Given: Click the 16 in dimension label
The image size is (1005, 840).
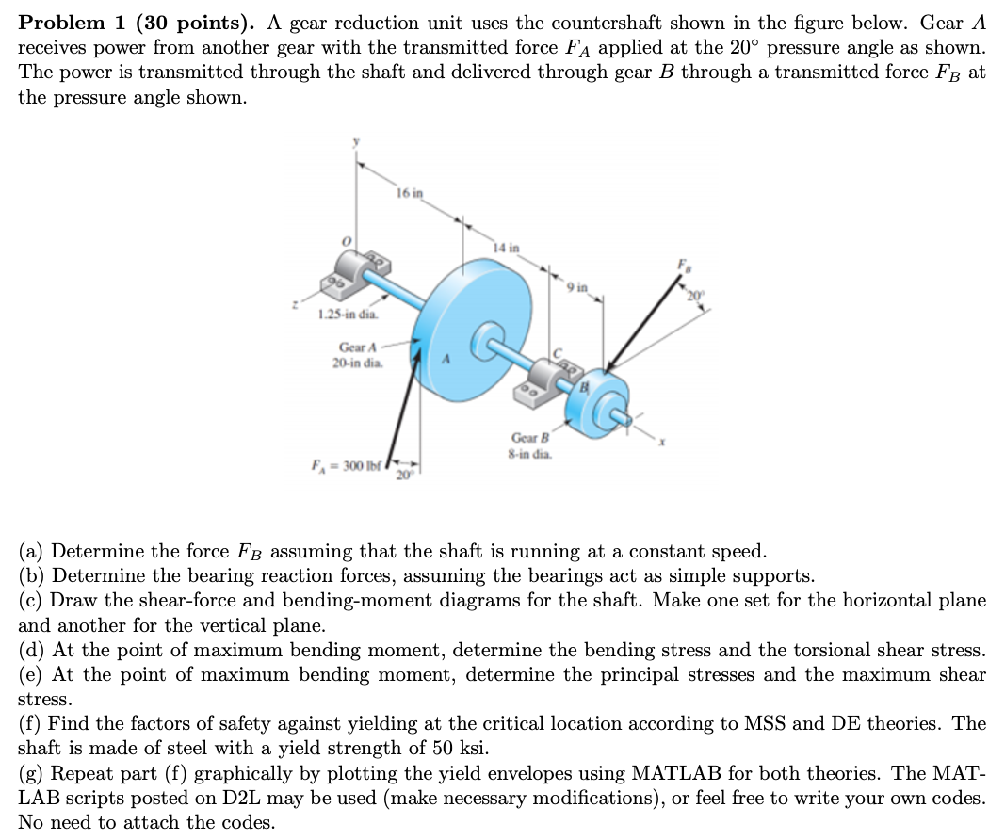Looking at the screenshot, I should (411, 193).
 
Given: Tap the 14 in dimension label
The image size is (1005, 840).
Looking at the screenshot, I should (506, 248).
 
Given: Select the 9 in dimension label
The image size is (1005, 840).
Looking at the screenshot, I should (576, 285).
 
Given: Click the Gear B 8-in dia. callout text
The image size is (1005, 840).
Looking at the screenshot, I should (530, 444).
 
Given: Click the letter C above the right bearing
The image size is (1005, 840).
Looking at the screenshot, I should (557, 352).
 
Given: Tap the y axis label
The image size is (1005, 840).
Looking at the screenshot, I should (355, 143).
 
